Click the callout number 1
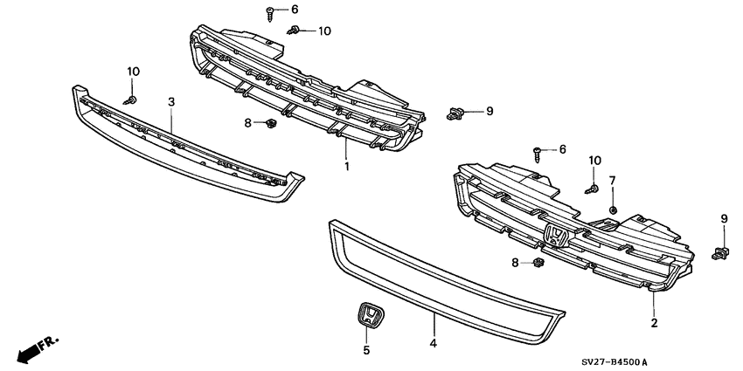click(346, 166)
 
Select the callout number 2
click(653, 323)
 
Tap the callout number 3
click(171, 102)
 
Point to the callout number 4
click(433, 344)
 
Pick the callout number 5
click(367, 350)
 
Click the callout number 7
click(613, 181)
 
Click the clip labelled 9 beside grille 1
click(455, 111)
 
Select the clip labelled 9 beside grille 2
click(721, 252)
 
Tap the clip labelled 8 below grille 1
click(271, 123)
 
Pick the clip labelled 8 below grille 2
click(538, 261)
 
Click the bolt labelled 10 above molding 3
click(132, 100)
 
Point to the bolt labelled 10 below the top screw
click(296, 31)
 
